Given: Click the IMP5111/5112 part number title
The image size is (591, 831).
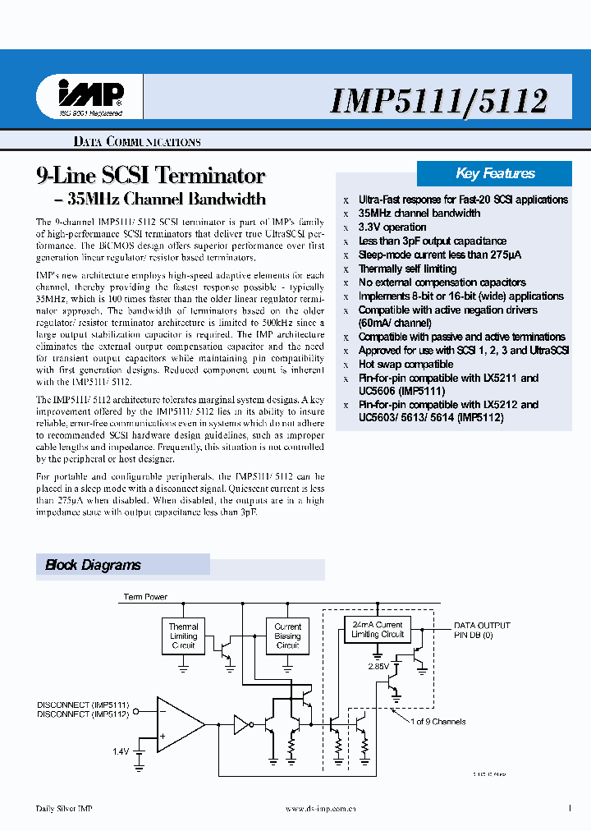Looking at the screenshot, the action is pyautogui.click(x=438, y=100).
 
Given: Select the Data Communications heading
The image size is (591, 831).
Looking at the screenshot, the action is pyautogui.click(x=137, y=142).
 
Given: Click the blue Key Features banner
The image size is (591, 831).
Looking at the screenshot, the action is pyautogui.click(x=495, y=173).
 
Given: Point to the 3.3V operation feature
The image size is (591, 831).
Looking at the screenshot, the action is pyautogui.click(x=392, y=227).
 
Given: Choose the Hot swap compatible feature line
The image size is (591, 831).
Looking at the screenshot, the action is pyautogui.click(x=405, y=365).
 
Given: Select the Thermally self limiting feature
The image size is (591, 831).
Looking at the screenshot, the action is pyautogui.click(x=407, y=269).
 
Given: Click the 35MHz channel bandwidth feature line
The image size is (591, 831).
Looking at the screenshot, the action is pyautogui.click(x=419, y=213).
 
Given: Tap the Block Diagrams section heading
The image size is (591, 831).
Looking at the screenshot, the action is pyautogui.click(x=93, y=565).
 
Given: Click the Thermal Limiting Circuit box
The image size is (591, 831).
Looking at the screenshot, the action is pyautogui.click(x=183, y=636).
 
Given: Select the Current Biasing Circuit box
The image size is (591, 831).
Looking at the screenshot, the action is pyautogui.click(x=287, y=636).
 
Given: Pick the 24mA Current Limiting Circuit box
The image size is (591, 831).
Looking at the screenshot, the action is pyautogui.click(x=377, y=629).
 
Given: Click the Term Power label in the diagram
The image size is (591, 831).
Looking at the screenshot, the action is pyautogui.click(x=145, y=597).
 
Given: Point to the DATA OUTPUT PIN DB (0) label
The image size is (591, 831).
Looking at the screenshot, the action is pyautogui.click(x=482, y=630).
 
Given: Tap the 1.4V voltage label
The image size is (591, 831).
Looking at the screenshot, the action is pyautogui.click(x=121, y=751).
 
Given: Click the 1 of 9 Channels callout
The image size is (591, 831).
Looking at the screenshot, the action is pyautogui.click(x=438, y=722).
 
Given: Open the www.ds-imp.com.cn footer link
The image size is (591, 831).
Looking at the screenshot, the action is pyautogui.click(x=320, y=809).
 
